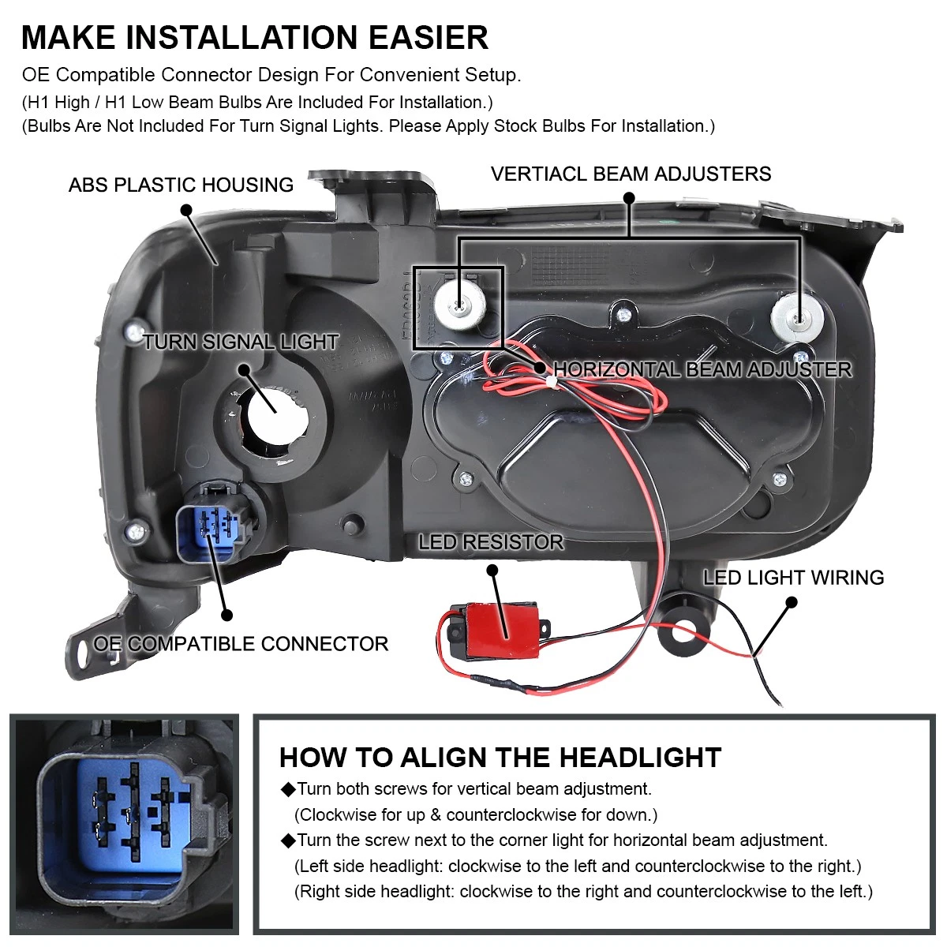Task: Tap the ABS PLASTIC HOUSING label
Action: click(181, 185)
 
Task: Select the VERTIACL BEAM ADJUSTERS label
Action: click(631, 174)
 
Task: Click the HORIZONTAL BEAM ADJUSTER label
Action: click(703, 369)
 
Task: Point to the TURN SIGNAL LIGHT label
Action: click(241, 342)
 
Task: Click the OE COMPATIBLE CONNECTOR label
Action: click(241, 643)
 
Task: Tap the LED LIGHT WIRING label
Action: click(794, 578)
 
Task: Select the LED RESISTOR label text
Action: click(491, 542)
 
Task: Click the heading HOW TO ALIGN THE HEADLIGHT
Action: click(500, 758)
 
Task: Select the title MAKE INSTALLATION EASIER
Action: click(255, 37)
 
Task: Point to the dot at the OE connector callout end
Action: click(226, 615)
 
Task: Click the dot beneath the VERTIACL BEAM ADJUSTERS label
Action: click(629, 198)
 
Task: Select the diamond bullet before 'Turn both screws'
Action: click(287, 789)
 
